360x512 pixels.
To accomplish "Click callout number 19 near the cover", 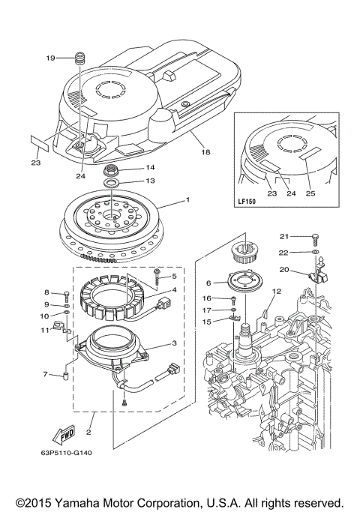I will [x=51, y=58].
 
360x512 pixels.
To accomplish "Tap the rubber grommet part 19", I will [x=80, y=58].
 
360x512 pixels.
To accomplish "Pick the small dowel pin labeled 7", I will [x=65, y=373].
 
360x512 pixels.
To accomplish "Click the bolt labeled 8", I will [x=67, y=294].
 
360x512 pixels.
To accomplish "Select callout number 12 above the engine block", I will [x=276, y=290].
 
